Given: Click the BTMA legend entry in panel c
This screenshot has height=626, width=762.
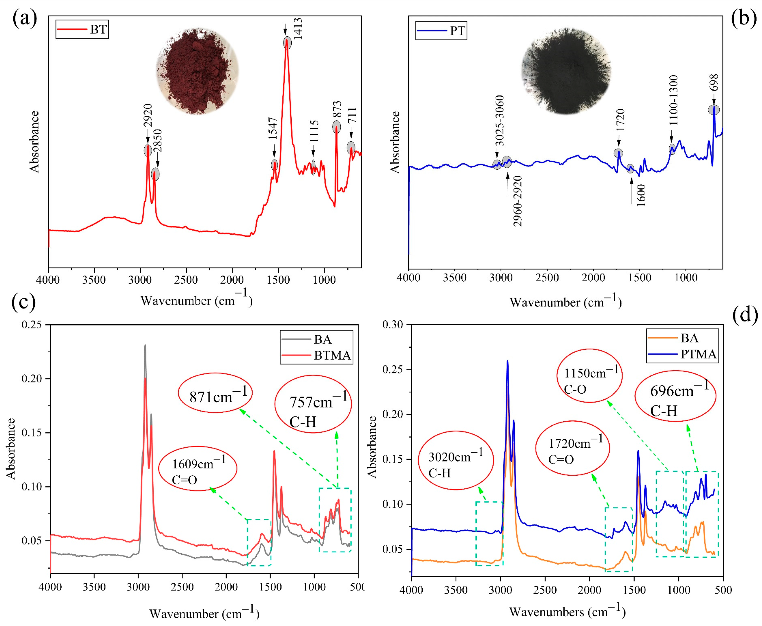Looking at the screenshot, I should pos(332,356).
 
